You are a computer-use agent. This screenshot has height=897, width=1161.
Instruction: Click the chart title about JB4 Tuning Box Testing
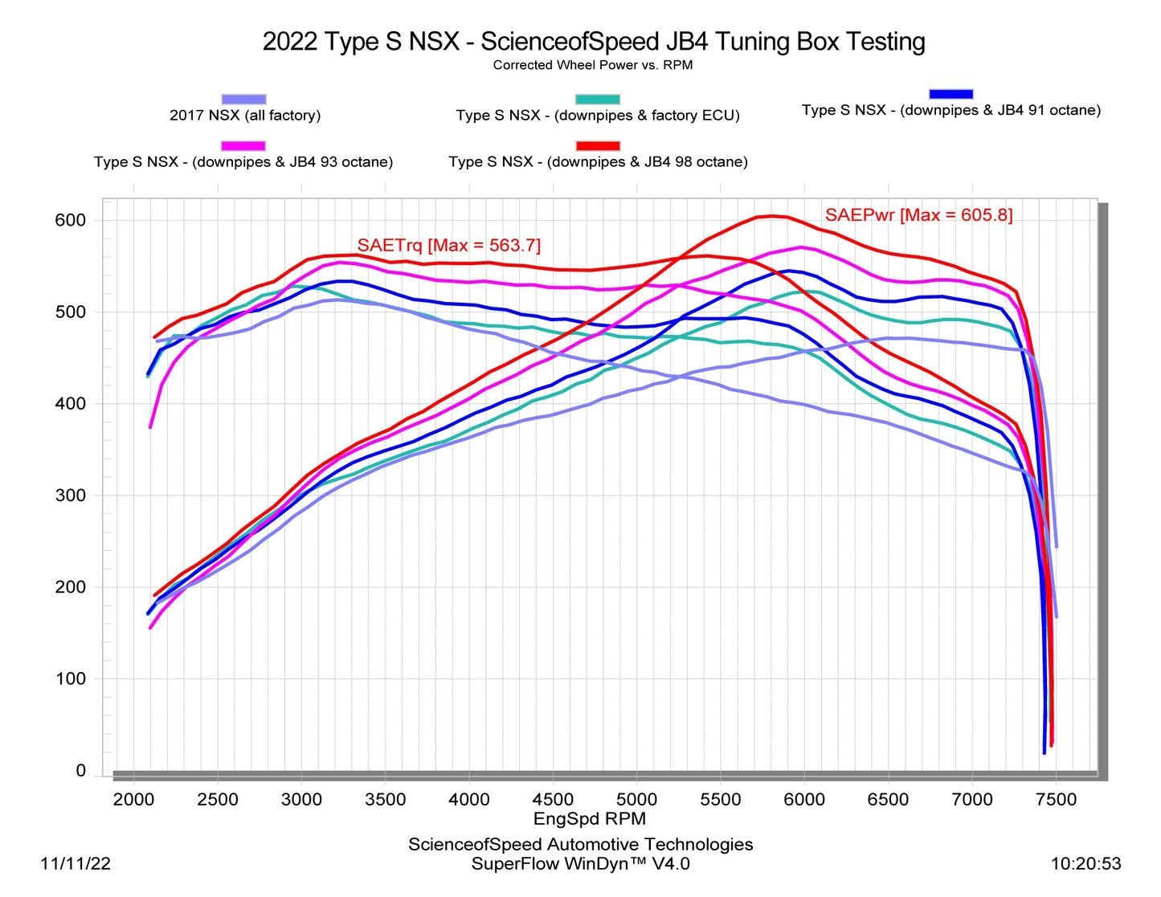(x=594, y=42)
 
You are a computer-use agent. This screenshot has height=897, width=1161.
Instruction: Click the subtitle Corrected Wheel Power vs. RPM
(x=592, y=65)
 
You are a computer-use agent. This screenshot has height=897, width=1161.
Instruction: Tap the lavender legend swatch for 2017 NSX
(x=243, y=99)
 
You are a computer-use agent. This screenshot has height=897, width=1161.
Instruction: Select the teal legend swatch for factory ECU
(x=598, y=99)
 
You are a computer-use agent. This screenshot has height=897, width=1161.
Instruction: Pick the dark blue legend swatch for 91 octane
(x=950, y=94)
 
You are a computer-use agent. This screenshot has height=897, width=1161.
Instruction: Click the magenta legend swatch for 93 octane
(x=243, y=145)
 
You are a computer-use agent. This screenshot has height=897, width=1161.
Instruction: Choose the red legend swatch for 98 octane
(x=598, y=145)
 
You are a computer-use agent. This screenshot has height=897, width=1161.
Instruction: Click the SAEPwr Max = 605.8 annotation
(x=918, y=215)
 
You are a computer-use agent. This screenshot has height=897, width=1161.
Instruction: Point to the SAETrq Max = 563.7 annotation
(x=449, y=245)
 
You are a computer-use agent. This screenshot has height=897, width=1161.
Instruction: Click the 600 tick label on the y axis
(x=70, y=220)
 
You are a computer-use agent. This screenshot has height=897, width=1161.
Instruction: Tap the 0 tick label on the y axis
(x=80, y=771)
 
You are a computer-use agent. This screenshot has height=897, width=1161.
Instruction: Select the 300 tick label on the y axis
(x=70, y=495)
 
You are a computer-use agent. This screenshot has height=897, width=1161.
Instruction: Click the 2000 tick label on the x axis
(x=133, y=800)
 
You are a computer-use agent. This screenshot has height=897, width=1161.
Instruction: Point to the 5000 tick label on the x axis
(x=636, y=800)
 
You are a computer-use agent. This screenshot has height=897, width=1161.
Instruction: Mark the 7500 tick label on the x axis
(x=1056, y=800)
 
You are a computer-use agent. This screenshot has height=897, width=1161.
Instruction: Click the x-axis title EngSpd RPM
(x=590, y=819)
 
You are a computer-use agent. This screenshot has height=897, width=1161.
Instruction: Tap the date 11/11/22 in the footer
(x=76, y=864)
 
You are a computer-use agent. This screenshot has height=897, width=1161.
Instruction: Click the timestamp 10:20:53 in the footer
(x=1085, y=864)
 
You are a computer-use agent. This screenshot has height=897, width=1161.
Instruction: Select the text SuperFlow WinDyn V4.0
(x=580, y=864)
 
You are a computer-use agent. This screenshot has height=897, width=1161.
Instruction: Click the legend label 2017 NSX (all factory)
(x=245, y=116)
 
